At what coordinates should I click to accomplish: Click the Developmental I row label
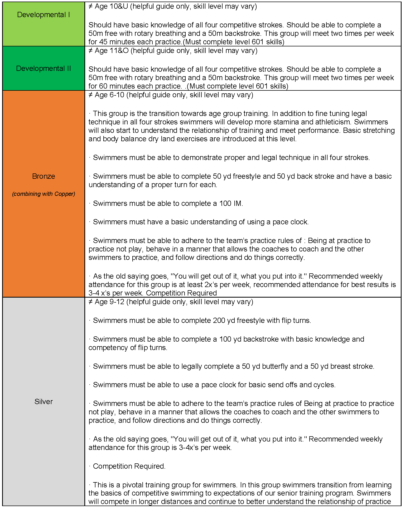[44, 15]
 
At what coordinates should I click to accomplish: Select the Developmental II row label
[44, 69]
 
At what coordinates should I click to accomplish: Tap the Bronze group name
[44, 176]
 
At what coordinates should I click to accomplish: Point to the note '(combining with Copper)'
[44, 194]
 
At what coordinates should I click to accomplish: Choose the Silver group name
[44, 401]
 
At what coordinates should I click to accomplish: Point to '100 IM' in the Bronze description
[230, 203]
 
